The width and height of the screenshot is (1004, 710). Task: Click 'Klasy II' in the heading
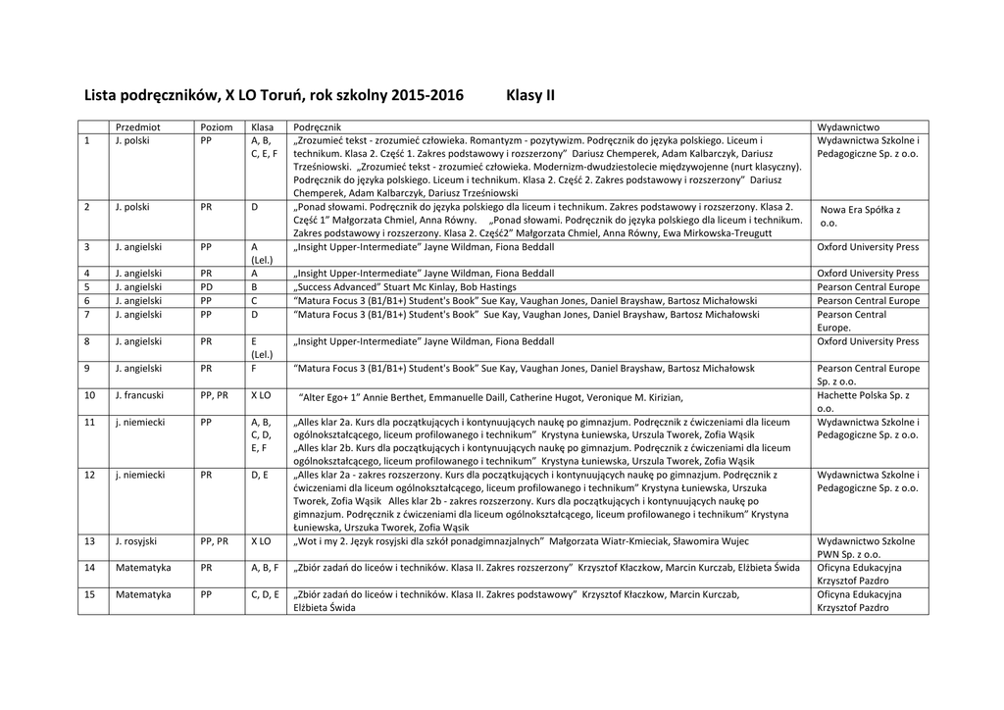tap(530, 96)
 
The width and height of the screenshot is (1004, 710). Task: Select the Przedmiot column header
tap(138, 127)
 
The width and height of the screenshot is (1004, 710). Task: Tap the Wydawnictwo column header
tap(848, 127)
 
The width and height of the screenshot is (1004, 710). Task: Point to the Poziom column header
tap(217, 127)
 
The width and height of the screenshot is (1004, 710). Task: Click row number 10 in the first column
tap(89, 396)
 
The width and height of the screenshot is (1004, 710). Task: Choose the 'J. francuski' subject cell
tap(139, 396)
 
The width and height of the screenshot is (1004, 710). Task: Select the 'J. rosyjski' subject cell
tap(137, 540)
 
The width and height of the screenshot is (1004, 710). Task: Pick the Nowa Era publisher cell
tap(860, 216)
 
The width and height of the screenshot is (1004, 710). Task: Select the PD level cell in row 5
tap(208, 287)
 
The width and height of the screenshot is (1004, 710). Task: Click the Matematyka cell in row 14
tap(143, 567)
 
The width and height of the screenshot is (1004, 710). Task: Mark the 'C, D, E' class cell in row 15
tap(265, 594)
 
